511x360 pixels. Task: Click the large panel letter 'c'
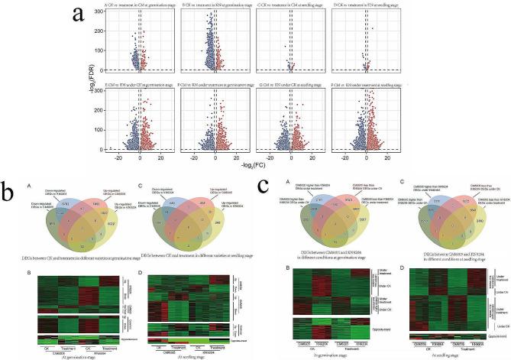tap(264, 185)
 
